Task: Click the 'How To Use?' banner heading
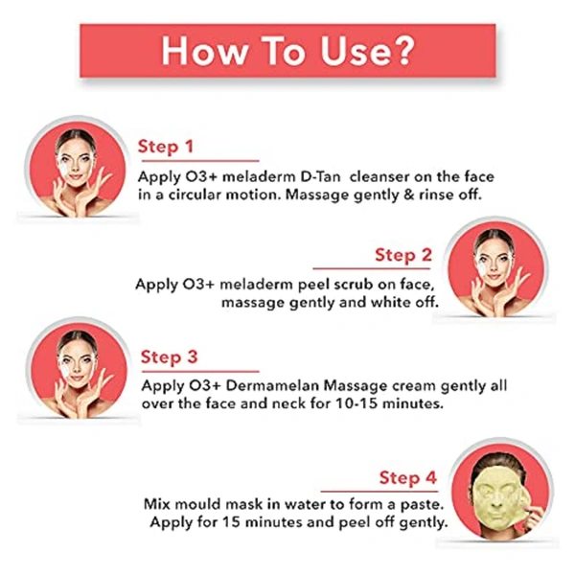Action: click(287, 50)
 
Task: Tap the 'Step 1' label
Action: click(166, 147)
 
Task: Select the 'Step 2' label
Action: click(402, 255)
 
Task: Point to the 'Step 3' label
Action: click(169, 357)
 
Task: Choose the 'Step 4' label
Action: click(407, 477)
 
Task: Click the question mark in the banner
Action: click(402, 50)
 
